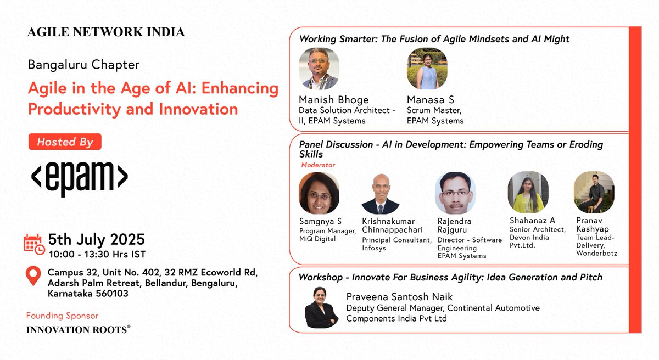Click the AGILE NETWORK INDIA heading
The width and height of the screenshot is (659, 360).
106,32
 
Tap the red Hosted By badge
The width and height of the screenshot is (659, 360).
65,142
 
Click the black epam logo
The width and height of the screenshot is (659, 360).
79,178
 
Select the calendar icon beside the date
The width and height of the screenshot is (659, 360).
34,244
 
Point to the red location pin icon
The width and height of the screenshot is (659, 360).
33,276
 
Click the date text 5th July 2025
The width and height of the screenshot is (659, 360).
97,240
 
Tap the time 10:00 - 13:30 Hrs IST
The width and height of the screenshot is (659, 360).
97,254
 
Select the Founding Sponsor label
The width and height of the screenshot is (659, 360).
62,316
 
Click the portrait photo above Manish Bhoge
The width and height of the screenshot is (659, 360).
319,69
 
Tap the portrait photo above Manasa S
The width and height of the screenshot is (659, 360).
427,69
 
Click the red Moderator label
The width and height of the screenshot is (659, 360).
318,165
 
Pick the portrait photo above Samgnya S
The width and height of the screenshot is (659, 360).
319,193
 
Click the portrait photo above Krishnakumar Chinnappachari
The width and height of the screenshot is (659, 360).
380,194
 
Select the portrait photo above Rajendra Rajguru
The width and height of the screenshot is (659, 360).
455,193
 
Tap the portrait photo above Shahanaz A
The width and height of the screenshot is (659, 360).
528,193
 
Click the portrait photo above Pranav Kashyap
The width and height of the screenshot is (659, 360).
594,193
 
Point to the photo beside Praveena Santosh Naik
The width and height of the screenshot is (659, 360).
321,307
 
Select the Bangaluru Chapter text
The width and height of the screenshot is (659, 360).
83,65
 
